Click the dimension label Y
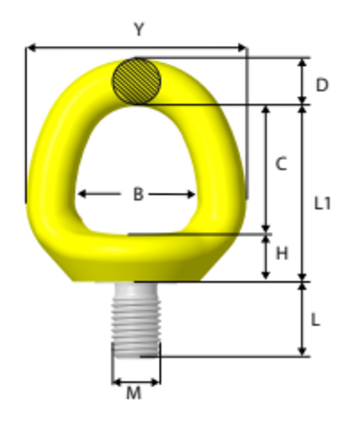[138, 30]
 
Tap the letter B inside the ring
[138, 194]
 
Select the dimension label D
[322, 85]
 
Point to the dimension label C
[281, 164]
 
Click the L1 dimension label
[322, 204]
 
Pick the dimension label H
[282, 253]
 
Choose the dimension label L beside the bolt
[315, 319]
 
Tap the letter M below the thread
[134, 394]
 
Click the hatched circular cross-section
[136, 81]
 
